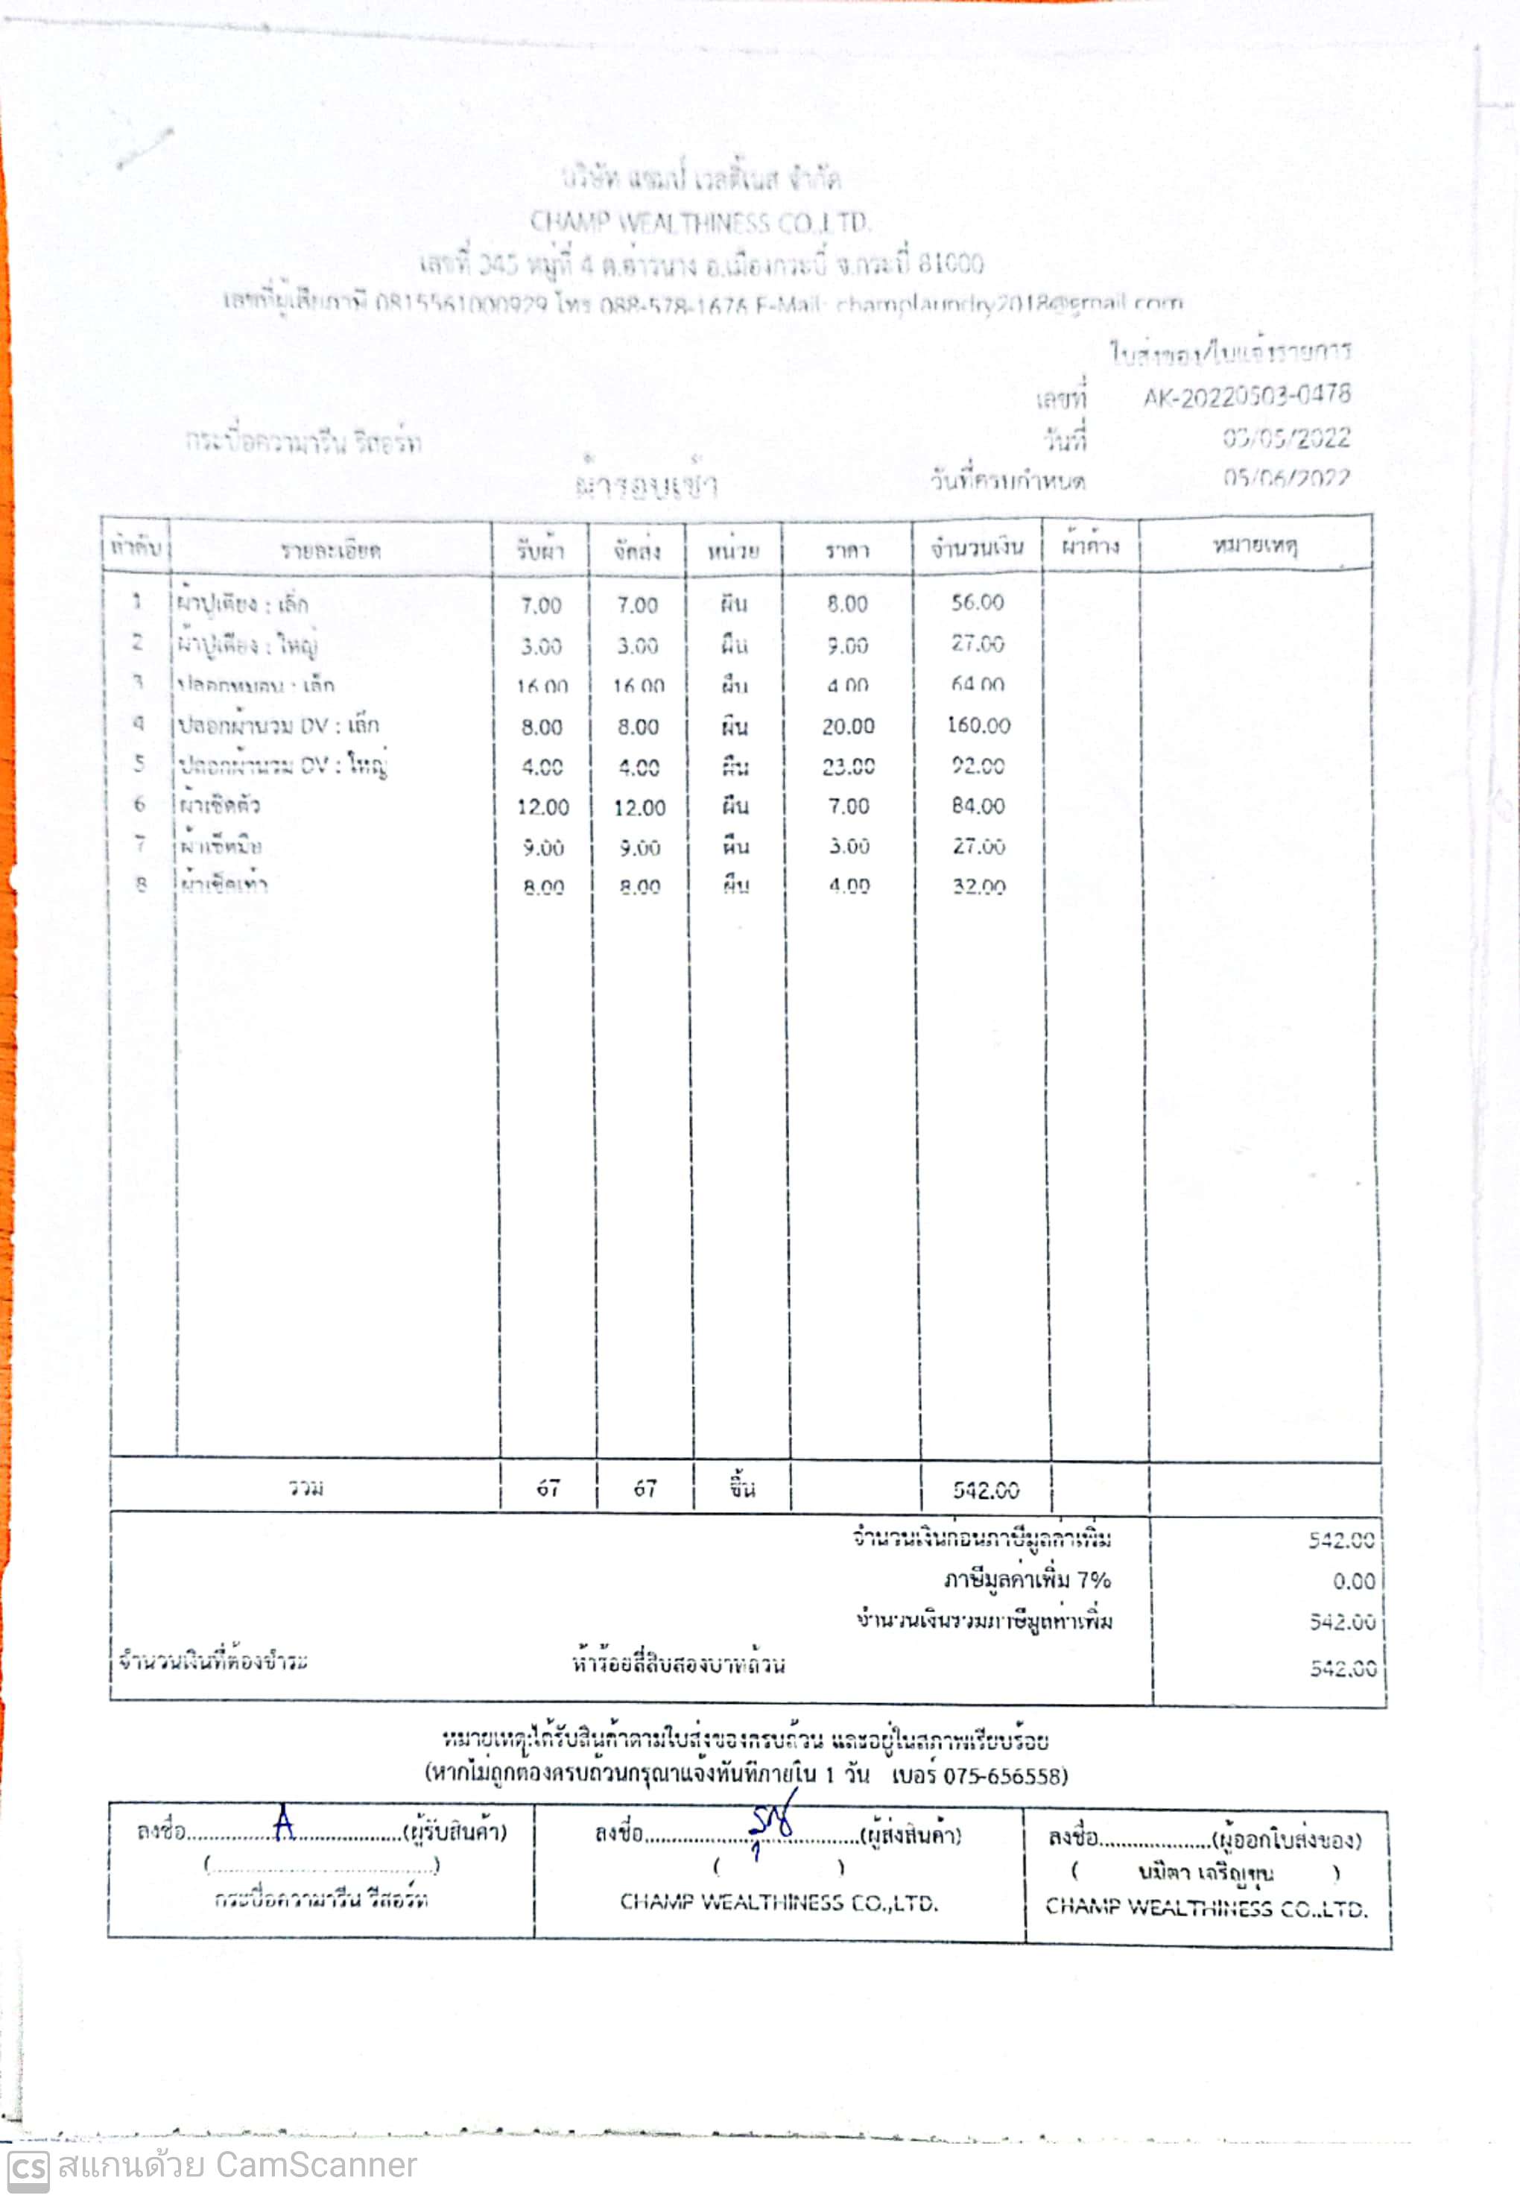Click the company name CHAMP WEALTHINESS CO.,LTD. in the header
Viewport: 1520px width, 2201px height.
click(700, 223)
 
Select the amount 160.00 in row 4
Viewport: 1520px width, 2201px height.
click(978, 726)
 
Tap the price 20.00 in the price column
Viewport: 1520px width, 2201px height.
click(848, 727)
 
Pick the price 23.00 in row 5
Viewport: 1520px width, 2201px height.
click(848, 767)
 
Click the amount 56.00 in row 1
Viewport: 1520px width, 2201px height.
click(977, 603)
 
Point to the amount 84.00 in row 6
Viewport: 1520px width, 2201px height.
click(978, 806)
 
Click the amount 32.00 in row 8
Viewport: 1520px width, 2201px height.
click(979, 888)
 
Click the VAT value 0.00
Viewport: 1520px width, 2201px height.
click(1353, 1582)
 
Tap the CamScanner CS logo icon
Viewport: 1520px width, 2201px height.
click(28, 2170)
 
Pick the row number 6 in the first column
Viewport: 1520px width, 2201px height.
click(140, 805)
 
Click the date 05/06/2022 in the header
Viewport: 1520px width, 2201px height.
click(1287, 478)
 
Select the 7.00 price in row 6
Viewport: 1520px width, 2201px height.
click(848, 806)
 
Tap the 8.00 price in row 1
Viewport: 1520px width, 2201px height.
click(846, 604)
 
